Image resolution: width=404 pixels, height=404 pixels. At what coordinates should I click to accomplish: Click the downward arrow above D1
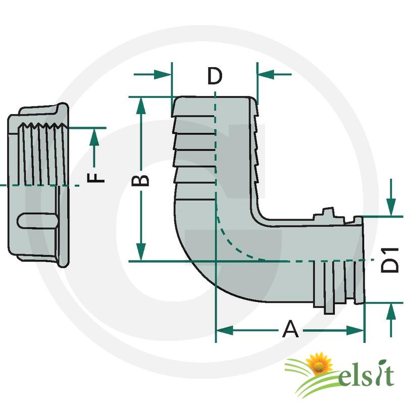(391, 207)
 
